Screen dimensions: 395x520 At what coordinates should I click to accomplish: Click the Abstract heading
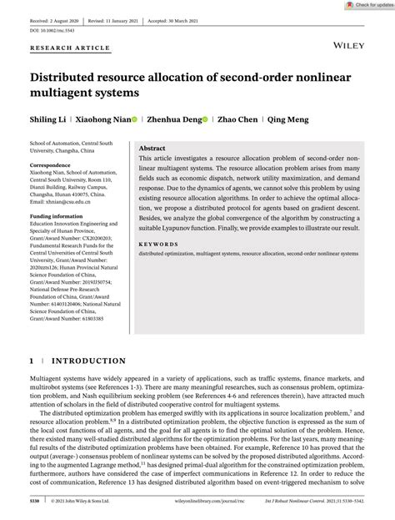tap(157, 146)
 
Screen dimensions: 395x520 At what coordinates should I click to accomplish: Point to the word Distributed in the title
tap(76, 78)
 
